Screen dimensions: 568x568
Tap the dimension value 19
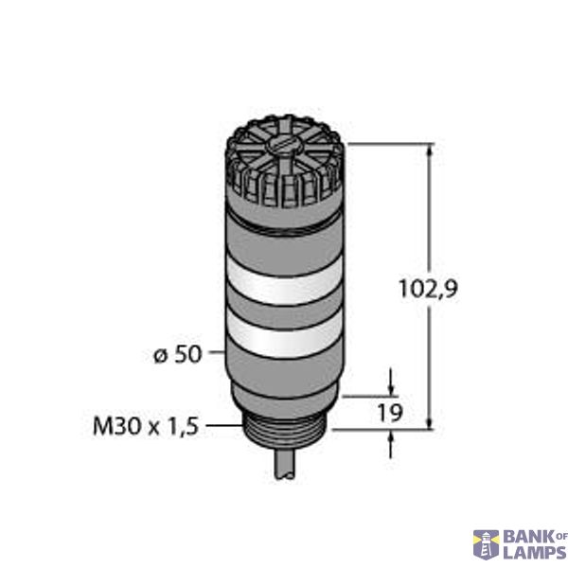tap(390, 412)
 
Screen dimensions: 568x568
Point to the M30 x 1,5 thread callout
tap(145, 427)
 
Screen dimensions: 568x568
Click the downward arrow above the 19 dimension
tap(390, 387)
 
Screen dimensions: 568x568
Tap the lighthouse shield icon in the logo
tap(487, 543)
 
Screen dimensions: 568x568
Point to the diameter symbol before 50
tap(159, 355)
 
